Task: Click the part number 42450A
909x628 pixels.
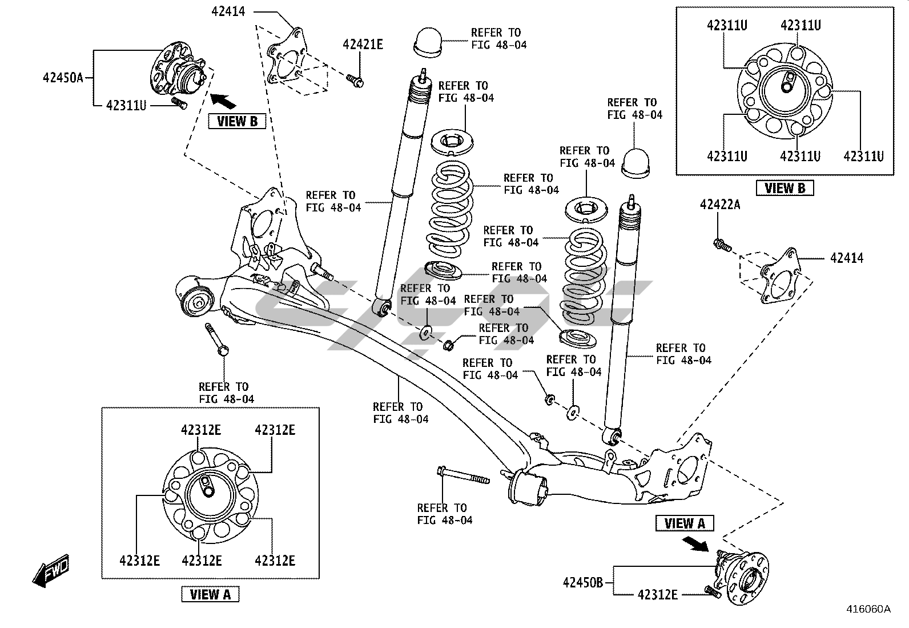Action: pyautogui.click(x=63, y=77)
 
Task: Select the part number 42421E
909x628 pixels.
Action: pyautogui.click(x=363, y=44)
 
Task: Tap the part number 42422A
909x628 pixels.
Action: pyautogui.click(x=719, y=205)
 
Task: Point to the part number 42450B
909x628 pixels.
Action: pyautogui.click(x=582, y=583)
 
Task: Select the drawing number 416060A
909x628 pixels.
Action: pyautogui.click(x=867, y=609)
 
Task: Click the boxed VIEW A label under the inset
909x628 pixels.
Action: pyautogui.click(x=210, y=594)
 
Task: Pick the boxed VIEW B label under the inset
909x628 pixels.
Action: pyautogui.click(x=785, y=187)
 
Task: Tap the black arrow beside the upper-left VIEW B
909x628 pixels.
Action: pyautogui.click(x=223, y=101)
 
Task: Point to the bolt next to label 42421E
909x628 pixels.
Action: pyautogui.click(x=355, y=81)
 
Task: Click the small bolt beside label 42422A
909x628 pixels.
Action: pyautogui.click(x=722, y=245)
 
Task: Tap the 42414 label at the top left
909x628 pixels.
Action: pyautogui.click(x=228, y=11)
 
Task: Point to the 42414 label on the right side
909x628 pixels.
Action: pyautogui.click(x=847, y=258)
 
